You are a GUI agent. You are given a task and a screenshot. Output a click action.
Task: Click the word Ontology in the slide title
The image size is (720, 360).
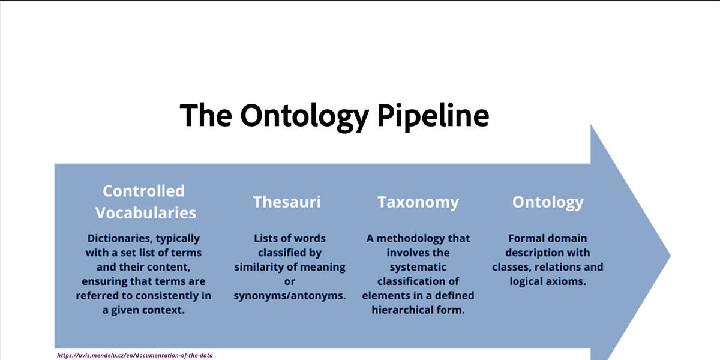pos(304,115)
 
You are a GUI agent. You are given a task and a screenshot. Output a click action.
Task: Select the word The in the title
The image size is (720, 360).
pos(206,115)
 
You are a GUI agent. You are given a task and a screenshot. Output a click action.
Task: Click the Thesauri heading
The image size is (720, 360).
pos(287,202)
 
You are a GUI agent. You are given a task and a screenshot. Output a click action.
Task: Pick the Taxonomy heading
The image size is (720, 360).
pos(418,202)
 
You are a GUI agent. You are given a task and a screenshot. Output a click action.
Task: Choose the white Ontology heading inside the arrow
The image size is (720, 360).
pos(547,202)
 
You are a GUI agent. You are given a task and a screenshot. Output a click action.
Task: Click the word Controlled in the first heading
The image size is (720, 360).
pos(143,191)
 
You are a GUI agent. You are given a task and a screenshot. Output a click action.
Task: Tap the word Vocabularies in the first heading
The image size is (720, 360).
pos(146,212)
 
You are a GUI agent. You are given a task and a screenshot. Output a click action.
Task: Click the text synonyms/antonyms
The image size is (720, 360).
pos(290,296)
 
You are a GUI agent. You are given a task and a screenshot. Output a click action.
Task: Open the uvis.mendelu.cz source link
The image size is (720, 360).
pos(135,355)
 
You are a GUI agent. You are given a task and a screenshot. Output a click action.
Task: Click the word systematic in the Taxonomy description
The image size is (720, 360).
pos(418,267)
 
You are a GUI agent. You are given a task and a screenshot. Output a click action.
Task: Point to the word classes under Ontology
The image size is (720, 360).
pos(511,267)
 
